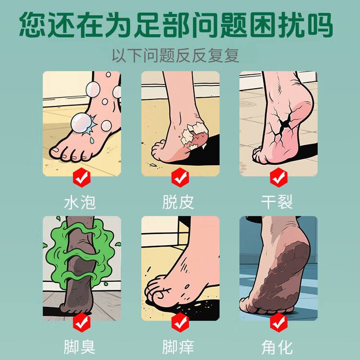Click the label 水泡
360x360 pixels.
[81, 202]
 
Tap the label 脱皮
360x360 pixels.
[179, 202]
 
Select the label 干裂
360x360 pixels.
[278, 202]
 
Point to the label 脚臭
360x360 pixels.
[81, 347]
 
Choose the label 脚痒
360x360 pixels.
[179, 347]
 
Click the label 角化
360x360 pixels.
[278, 347]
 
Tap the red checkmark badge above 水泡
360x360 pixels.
[81, 178]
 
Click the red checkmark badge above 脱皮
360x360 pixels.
[180, 178]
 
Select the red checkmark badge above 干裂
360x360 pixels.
[278, 178]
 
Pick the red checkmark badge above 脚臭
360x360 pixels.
[81, 322]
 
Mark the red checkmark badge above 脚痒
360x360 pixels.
[180, 322]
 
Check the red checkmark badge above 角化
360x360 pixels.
[278, 322]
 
